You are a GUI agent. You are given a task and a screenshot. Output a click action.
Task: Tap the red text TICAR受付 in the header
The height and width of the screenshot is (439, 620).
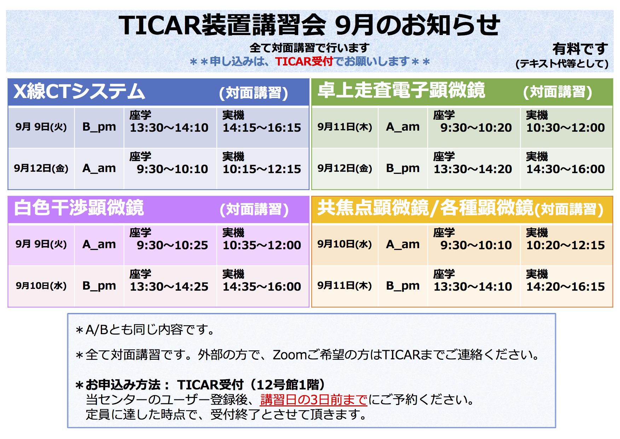304,62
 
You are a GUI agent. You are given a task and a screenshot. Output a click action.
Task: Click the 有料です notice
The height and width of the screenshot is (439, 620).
580,49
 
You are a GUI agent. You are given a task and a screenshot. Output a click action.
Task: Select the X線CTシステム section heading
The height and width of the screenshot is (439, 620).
79,91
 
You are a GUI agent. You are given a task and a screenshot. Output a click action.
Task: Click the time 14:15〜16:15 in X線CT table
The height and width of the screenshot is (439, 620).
262,128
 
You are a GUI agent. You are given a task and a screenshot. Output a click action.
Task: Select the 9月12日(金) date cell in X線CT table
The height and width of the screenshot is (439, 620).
41,168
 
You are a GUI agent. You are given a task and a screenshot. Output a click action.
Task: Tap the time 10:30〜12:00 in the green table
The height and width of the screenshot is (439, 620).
566,128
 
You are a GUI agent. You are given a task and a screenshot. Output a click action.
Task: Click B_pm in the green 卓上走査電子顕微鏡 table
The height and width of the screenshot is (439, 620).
402,168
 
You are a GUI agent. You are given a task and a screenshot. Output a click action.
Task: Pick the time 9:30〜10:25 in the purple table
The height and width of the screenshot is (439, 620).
172,245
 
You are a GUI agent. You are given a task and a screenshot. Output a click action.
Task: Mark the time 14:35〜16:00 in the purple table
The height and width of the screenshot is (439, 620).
262,286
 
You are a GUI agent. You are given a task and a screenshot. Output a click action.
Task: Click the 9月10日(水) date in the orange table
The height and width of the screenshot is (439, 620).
344,244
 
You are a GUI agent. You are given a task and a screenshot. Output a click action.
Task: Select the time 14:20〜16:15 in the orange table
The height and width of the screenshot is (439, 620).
566,286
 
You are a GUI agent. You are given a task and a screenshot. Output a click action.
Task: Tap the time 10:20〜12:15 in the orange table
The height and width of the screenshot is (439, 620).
566,245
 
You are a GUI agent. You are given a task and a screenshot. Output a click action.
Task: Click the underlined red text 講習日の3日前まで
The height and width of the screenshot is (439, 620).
314,400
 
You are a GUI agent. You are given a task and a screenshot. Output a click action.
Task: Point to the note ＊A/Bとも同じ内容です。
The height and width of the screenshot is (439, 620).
145,330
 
